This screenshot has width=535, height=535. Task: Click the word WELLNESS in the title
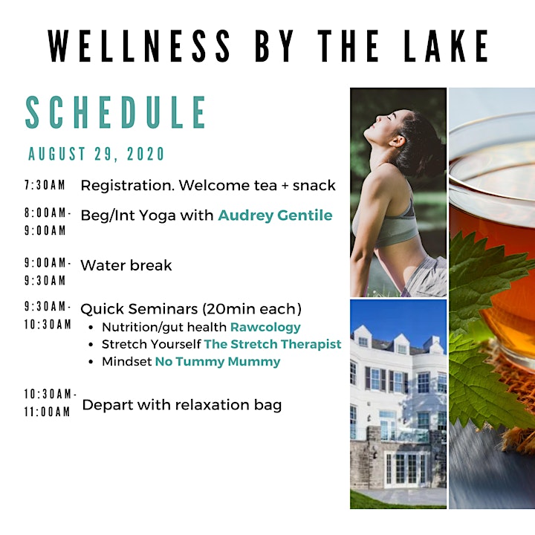(139, 46)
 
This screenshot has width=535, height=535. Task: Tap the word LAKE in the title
(446, 46)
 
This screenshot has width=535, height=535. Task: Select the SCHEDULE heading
(116, 112)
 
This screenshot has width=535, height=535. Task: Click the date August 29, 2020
(96, 154)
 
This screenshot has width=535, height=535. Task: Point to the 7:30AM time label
(45, 185)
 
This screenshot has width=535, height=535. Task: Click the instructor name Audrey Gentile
(275, 215)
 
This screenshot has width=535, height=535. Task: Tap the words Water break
(126, 265)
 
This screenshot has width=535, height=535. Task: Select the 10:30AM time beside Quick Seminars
(48, 324)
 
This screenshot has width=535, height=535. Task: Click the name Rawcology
(265, 327)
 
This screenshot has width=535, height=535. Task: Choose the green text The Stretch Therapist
(273, 344)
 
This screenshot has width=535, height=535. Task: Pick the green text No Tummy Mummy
(218, 361)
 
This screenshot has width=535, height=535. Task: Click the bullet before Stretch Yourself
(91, 345)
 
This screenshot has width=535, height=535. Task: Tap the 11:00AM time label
(47, 412)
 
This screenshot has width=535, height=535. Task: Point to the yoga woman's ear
(396, 141)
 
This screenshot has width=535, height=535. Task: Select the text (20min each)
(252, 309)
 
